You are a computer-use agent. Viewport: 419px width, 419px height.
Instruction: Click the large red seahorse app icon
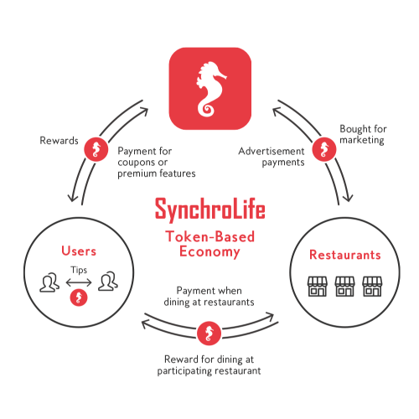tap(210, 89)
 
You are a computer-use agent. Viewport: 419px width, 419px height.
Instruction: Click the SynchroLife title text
tap(210, 209)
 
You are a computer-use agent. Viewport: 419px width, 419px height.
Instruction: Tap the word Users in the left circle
tap(79, 251)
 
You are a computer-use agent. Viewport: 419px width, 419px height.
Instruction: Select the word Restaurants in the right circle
tap(345, 255)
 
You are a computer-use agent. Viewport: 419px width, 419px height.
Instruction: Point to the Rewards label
tap(59, 141)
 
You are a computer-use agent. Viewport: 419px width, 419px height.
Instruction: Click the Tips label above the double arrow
tap(79, 270)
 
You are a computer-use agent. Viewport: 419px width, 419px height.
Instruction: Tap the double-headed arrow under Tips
tap(79, 282)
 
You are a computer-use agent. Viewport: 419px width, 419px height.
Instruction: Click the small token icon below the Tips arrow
tap(79, 297)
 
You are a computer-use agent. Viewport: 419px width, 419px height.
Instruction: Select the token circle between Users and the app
tap(96, 149)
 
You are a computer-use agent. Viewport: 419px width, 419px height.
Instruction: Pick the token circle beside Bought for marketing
tap(324, 149)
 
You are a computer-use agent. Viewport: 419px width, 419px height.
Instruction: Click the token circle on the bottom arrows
tap(209, 334)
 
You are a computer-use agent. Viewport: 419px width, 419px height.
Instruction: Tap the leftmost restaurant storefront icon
tap(318, 287)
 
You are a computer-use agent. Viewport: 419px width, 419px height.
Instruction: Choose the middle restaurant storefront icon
tap(345, 287)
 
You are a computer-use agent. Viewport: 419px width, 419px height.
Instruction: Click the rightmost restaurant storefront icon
tap(372, 287)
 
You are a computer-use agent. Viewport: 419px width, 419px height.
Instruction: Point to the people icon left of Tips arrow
tap(49, 282)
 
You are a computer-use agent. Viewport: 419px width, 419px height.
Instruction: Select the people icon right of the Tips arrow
tap(108, 282)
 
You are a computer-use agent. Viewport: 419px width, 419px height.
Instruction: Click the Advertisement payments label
tap(272, 157)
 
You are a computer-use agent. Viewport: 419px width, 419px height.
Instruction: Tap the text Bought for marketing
tap(363, 134)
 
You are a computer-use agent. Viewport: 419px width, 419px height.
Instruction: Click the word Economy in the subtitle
tap(209, 251)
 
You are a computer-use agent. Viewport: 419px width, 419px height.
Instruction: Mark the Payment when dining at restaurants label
tap(209, 297)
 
